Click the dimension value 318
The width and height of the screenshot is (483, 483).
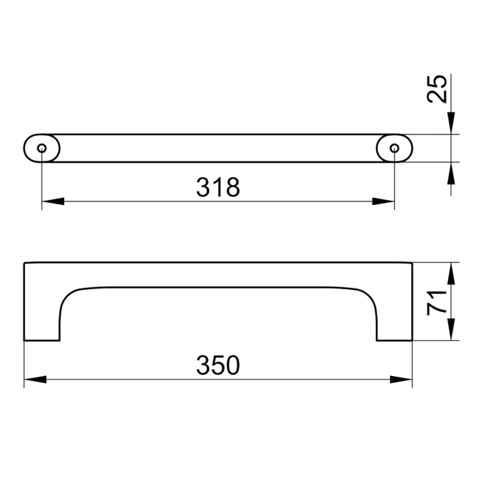(218, 186)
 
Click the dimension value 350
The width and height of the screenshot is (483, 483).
(218, 364)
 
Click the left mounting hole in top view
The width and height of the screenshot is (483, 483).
(42, 148)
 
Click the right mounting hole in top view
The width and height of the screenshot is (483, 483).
(395, 148)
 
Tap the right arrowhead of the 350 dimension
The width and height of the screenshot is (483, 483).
(402, 379)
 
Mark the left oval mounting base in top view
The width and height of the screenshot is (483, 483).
(34, 148)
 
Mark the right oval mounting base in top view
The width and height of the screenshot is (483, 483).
(402, 148)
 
